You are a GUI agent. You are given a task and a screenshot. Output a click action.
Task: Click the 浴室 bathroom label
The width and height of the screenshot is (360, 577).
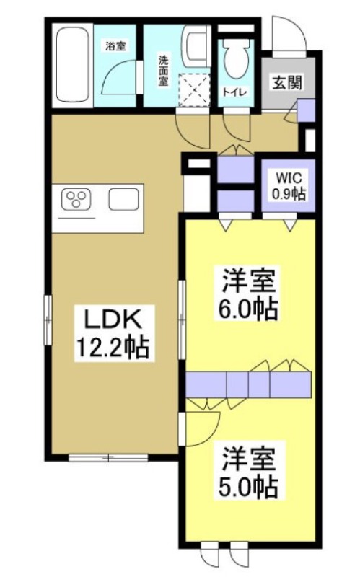pyautogui.click(x=115, y=47)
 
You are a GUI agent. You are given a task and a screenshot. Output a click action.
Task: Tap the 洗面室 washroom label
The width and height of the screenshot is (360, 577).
pyautogui.click(x=164, y=68)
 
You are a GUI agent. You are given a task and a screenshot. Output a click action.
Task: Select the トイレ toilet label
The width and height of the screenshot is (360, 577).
pyautogui.click(x=232, y=92)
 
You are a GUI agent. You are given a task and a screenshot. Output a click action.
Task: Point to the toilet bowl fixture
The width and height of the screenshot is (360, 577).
pyautogui.click(x=234, y=58)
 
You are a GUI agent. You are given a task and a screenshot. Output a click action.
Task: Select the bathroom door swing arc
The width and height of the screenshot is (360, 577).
pyautogui.click(x=119, y=76)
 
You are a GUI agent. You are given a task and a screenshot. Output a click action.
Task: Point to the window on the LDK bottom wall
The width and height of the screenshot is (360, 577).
pyautogui.click(x=107, y=457)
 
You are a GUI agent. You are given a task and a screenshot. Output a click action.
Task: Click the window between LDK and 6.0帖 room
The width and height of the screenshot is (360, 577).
pyautogui.click(x=181, y=303)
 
